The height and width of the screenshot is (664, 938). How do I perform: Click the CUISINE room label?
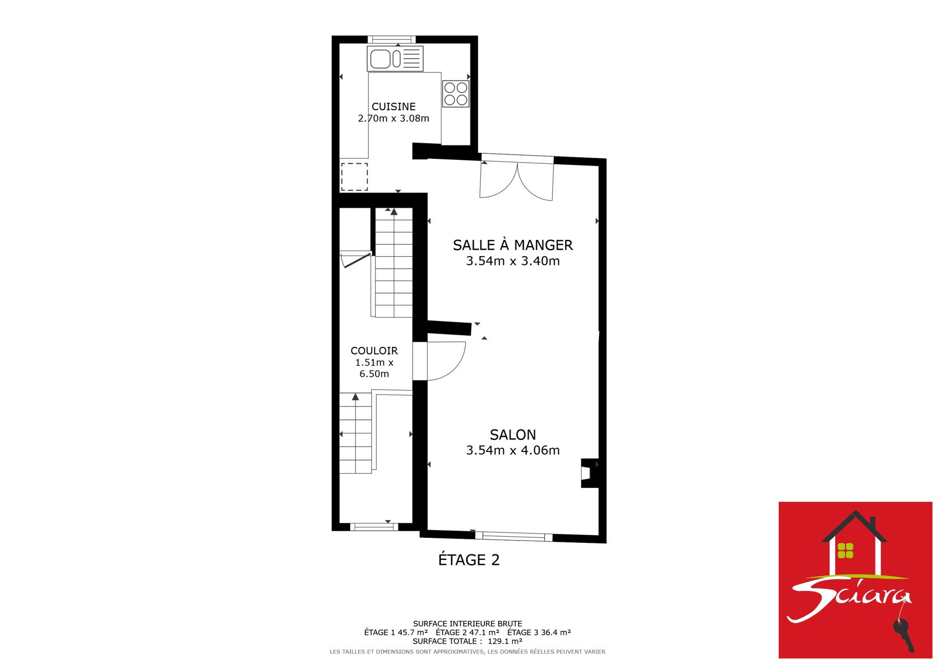393,106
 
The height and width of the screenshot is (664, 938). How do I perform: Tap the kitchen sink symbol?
395,59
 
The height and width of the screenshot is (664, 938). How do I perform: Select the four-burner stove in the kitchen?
456,94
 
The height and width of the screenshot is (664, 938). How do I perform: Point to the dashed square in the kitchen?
355,177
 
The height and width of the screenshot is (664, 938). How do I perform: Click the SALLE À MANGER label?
513,245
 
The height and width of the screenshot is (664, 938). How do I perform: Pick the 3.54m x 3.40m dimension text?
513,261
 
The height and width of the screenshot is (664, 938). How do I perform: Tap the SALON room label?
513,434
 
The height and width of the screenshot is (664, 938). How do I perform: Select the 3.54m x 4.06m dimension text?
513,450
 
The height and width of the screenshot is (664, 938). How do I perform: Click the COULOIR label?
374,351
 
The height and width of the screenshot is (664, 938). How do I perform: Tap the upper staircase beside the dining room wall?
393,263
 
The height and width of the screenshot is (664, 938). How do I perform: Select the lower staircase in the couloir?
356,434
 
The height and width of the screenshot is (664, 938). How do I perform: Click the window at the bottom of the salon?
513,536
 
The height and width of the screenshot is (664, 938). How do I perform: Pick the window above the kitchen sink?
392,40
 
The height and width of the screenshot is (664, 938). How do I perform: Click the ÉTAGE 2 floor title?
469,559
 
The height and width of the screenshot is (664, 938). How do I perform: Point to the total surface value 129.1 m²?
505,641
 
